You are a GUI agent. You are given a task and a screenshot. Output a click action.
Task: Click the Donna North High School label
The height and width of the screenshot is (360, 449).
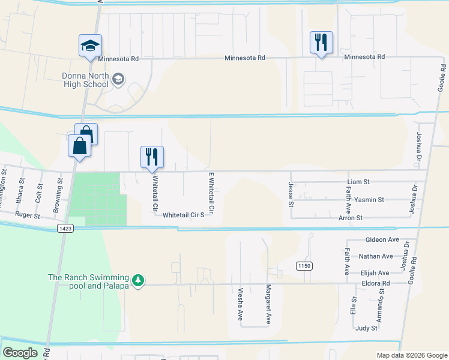(85, 80)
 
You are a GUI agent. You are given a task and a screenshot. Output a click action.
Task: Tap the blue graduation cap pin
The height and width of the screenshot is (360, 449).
(90, 46)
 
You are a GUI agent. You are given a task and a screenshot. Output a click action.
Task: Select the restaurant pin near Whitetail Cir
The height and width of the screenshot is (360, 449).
(152, 157)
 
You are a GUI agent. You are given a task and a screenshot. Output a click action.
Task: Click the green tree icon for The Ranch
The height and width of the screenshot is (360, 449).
(138, 281)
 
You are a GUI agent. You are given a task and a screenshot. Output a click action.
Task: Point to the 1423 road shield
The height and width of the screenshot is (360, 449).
(66, 229)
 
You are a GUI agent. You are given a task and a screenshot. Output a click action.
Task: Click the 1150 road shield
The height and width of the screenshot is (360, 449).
(304, 265)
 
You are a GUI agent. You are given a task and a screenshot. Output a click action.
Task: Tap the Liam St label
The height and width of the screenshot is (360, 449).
(358, 181)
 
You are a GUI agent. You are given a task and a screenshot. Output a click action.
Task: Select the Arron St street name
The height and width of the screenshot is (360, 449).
(350, 218)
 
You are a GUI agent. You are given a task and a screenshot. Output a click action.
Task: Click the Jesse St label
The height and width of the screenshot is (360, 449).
(291, 195)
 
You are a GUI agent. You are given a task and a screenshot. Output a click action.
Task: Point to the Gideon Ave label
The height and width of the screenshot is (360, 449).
(382, 239)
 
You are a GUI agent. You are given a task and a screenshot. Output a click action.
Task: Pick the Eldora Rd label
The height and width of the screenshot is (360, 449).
(375, 283)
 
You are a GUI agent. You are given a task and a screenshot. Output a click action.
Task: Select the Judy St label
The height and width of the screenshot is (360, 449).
(366, 328)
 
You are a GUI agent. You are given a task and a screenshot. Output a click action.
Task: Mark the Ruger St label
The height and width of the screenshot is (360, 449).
(27, 215)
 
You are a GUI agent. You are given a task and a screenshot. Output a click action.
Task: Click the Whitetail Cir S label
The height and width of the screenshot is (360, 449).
(184, 214)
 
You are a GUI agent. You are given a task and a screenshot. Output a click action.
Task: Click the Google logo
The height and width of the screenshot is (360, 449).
(20, 353)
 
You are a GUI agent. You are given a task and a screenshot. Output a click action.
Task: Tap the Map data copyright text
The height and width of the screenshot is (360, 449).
(411, 355)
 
